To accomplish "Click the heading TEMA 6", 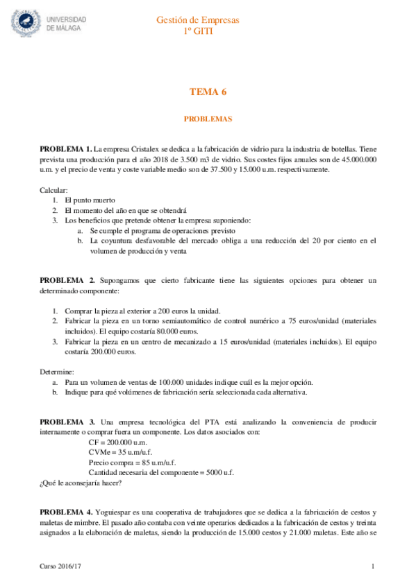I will point(208,92).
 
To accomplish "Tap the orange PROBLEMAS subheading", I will point(208,119).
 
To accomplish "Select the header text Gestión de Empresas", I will point(208,20).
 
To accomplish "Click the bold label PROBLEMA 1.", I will point(65,148).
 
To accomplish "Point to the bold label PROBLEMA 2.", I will point(67,280).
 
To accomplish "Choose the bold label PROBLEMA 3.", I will point(67,422).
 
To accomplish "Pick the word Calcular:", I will point(53,189).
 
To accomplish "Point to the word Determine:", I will point(57,372).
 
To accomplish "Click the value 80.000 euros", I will point(176,331).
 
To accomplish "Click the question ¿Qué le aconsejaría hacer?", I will point(80,483).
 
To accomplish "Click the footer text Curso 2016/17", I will point(59,567).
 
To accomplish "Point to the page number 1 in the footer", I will point(374,567).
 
